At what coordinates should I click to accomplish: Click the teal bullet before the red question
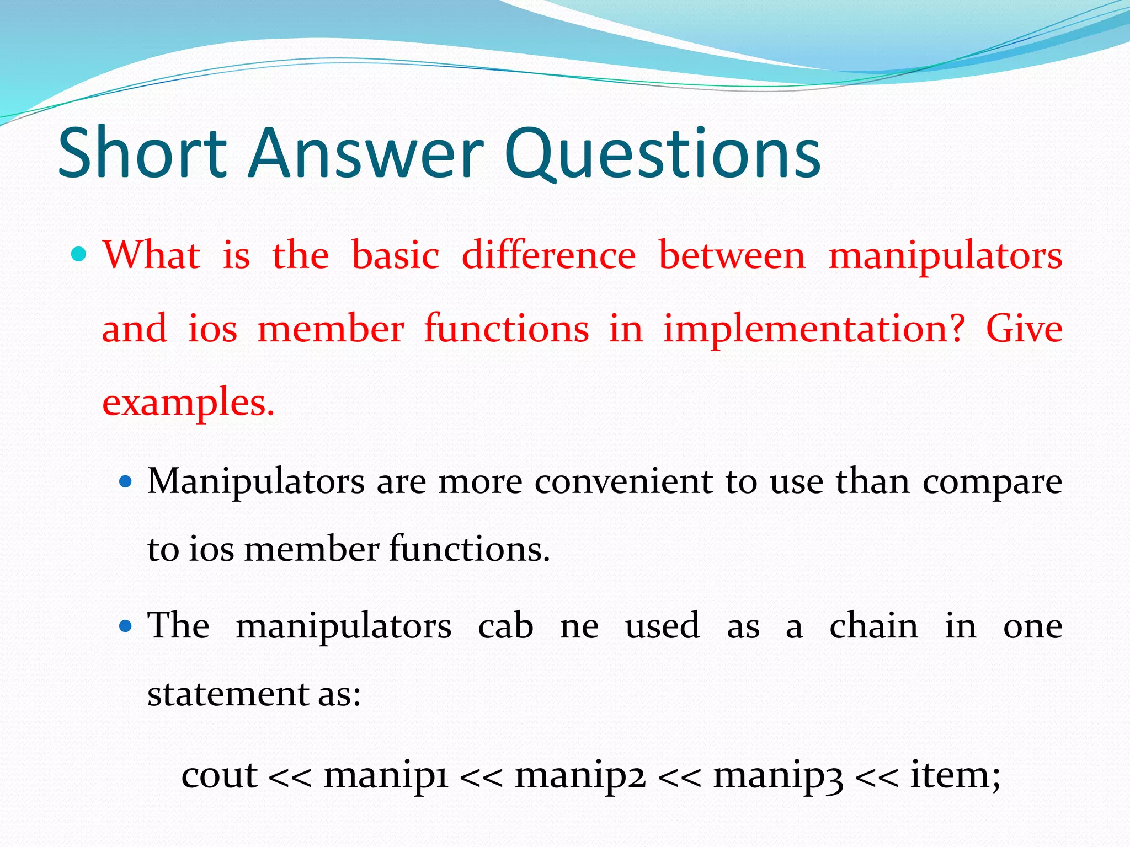79,254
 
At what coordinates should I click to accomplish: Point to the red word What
151,255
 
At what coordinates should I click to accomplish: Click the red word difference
548,255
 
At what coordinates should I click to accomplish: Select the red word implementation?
814,329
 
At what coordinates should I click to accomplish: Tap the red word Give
1024,329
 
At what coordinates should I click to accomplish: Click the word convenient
623,481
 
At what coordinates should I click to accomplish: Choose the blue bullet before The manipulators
126,626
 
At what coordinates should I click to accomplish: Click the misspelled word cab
505,626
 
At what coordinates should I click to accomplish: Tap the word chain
873,626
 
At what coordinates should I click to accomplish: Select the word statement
228,694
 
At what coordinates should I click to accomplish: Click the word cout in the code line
219,775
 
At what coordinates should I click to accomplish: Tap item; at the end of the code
955,774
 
